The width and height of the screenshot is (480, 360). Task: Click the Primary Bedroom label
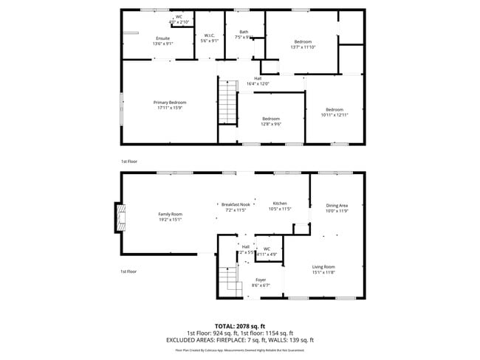(x=170, y=105)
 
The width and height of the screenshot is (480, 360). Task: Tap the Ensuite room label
(x=162, y=41)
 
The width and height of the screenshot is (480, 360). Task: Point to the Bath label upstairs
(x=243, y=34)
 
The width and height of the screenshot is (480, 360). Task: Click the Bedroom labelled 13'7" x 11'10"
(x=303, y=44)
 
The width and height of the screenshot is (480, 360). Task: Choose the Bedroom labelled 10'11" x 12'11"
(x=334, y=112)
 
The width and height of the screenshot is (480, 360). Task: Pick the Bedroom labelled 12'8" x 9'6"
(x=271, y=121)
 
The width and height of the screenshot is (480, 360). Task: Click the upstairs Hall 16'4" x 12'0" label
(x=258, y=81)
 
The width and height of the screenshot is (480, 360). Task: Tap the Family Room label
(x=170, y=216)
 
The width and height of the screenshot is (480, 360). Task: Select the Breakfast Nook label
(x=237, y=207)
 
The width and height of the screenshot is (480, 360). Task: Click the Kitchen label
(x=280, y=206)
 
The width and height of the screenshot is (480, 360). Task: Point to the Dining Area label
(x=337, y=208)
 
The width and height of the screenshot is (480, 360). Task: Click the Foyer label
(x=261, y=283)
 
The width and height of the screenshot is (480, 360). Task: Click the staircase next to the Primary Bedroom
(x=227, y=103)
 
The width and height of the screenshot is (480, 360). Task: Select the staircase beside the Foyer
(x=230, y=280)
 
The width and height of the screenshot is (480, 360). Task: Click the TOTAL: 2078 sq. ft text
(x=240, y=325)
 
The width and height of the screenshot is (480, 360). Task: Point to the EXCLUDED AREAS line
(x=240, y=340)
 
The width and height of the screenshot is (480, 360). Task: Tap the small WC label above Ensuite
(x=179, y=19)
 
